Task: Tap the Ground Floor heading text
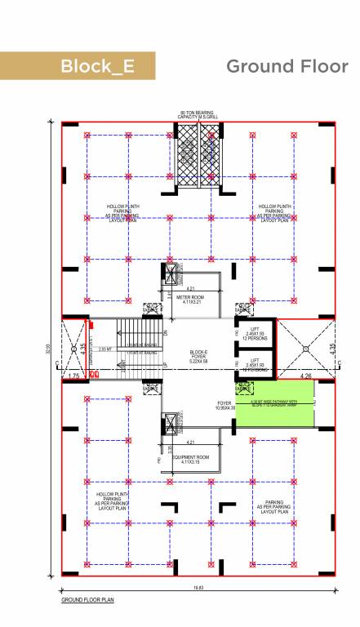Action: point(287,66)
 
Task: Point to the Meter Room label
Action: point(189,300)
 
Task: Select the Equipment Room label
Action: point(189,458)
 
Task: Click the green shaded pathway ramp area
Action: point(274,405)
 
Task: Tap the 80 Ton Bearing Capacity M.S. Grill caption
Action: point(197,115)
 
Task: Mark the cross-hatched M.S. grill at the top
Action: point(197,154)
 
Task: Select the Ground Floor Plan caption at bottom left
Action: point(88,600)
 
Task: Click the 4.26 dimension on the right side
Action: point(305,376)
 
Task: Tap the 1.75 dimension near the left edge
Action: point(73,376)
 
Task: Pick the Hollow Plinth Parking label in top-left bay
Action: point(122,213)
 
